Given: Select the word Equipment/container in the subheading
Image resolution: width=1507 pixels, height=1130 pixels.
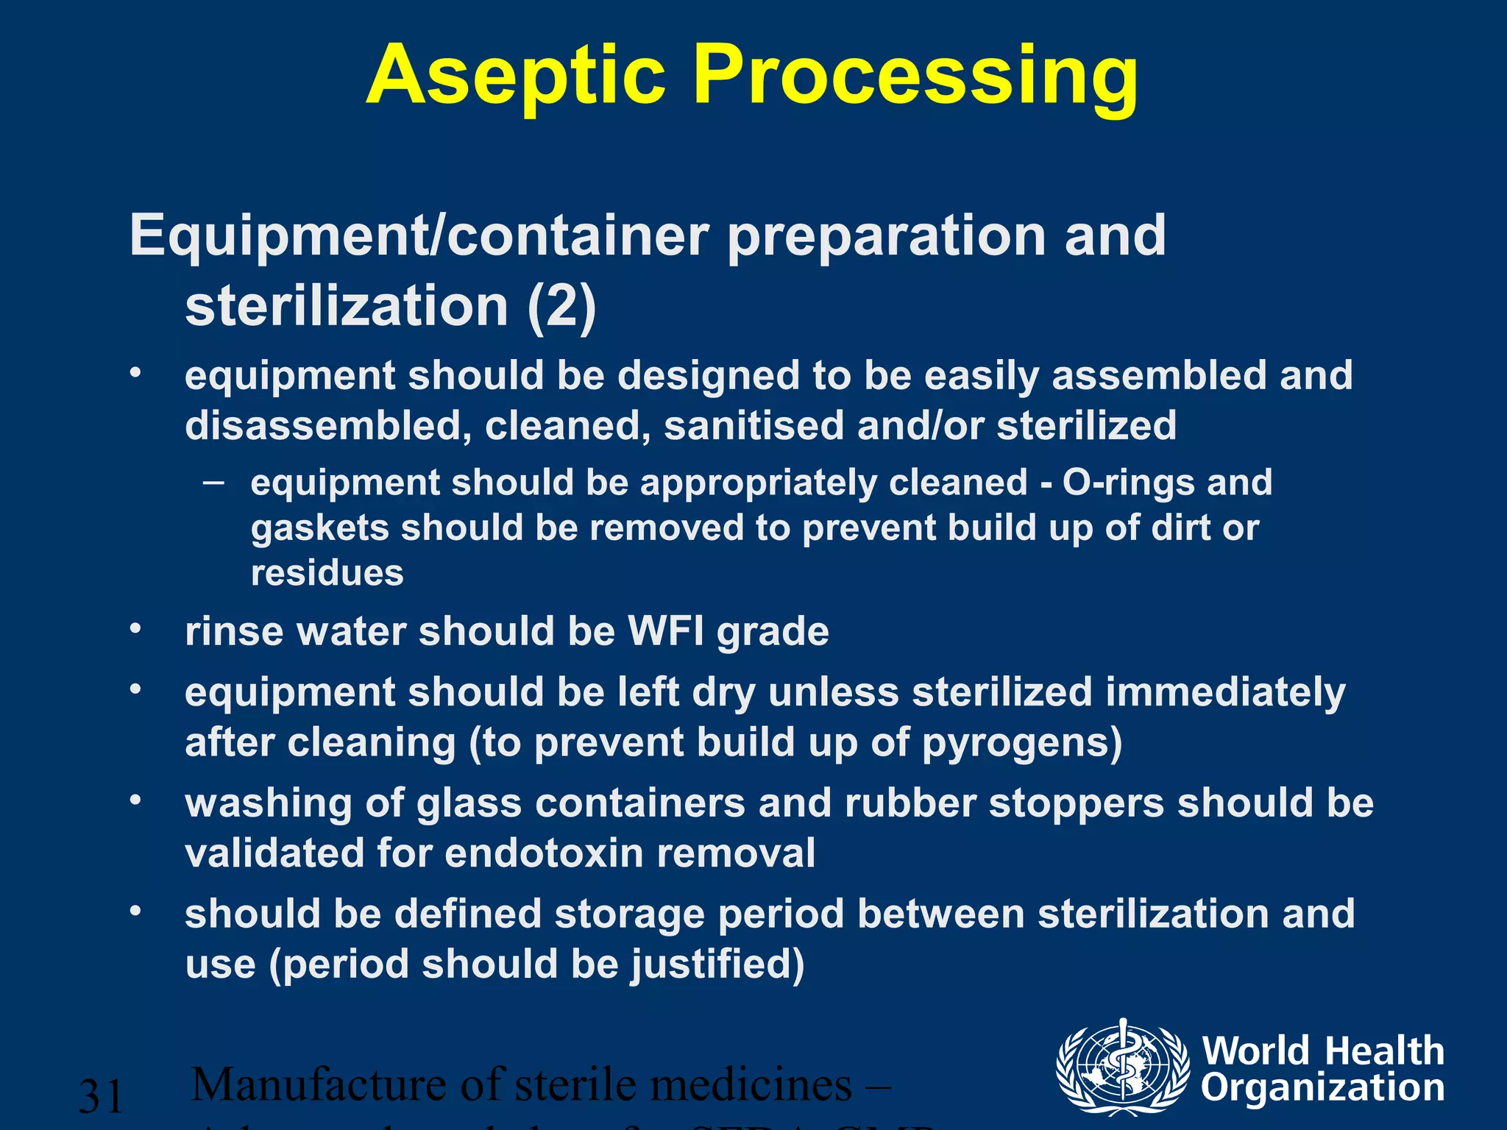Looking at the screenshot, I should point(419,235).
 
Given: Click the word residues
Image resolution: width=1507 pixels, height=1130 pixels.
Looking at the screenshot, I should point(327,573).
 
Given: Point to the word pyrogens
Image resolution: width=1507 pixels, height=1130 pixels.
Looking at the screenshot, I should point(1021,742).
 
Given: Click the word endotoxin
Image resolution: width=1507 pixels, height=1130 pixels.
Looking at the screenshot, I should point(544,853).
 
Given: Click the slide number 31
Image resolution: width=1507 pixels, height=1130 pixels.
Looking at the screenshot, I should point(101,1096).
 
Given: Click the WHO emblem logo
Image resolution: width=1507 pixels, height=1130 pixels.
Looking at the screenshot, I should point(1121,1067).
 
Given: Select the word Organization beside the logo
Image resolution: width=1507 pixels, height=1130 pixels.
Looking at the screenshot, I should point(1323,1088).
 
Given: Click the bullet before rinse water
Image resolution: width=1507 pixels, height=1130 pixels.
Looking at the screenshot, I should point(135,629).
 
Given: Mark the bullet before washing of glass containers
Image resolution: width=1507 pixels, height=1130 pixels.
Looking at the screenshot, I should point(135,800).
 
